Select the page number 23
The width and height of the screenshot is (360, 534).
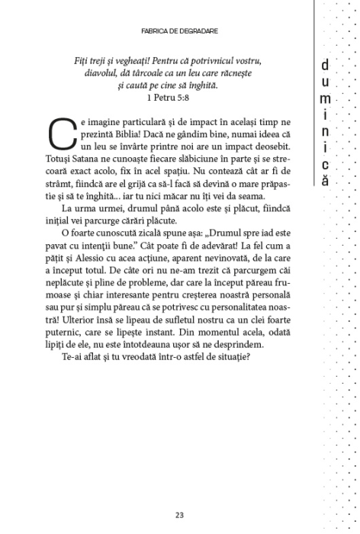179,513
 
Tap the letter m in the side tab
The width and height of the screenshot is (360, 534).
326,100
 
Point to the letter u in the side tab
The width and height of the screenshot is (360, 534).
326,84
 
